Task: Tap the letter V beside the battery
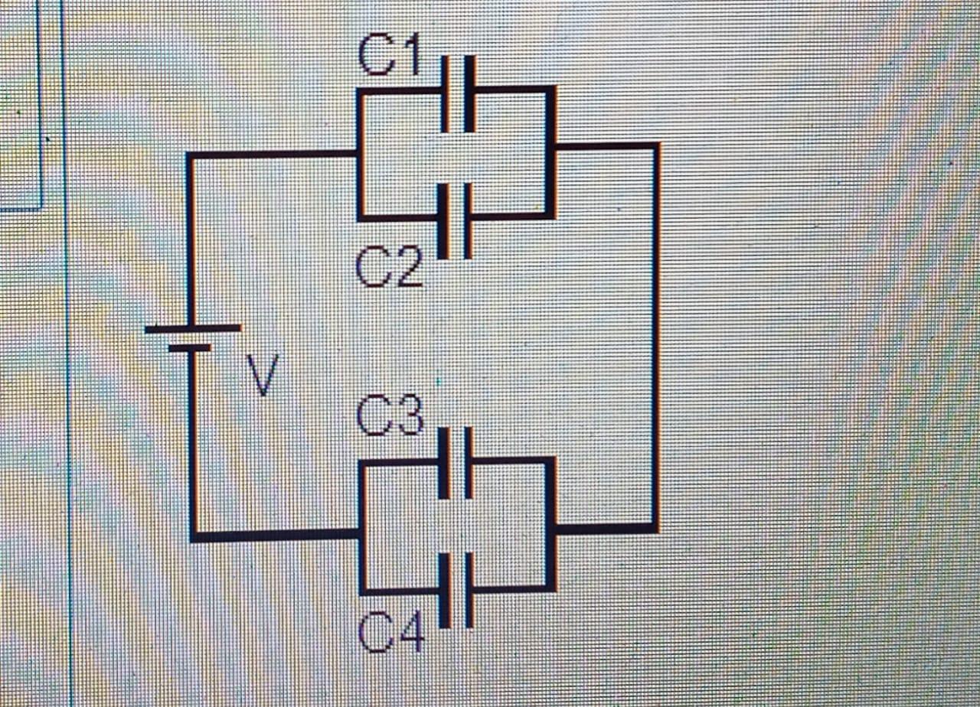262,375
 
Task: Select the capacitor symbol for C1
458,93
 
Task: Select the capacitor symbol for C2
455,220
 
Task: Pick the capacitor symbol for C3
456,463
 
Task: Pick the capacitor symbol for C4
456,590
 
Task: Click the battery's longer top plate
193,328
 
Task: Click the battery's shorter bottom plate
189,348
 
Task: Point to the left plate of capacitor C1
445,93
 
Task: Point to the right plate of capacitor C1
469,93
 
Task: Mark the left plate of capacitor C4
443,590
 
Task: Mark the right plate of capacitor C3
469,463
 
